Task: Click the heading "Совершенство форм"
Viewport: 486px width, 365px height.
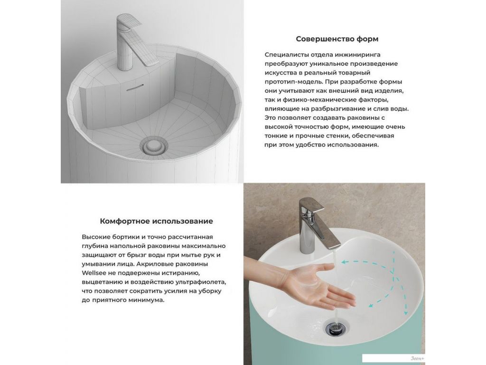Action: (x=337, y=39)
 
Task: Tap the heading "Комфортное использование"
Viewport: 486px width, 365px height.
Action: (x=156, y=221)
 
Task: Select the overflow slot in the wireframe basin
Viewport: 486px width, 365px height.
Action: (x=135, y=87)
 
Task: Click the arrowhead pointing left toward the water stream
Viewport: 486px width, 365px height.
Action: (x=344, y=262)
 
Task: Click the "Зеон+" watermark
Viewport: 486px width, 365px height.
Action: (x=418, y=358)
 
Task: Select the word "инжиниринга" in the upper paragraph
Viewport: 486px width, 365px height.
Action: (x=348, y=55)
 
